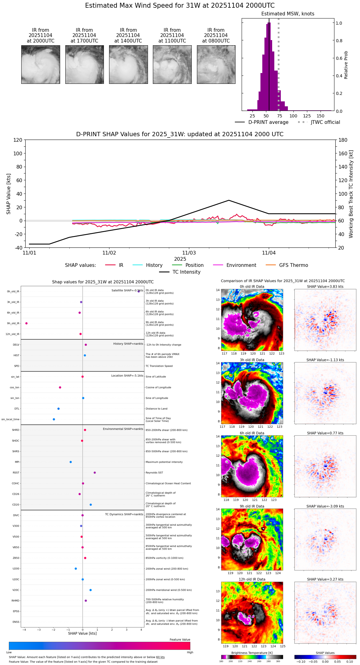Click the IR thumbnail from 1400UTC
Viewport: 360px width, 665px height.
point(128,64)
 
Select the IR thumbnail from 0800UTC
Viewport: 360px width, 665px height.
point(216,64)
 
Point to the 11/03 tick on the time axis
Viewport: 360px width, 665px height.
point(189,253)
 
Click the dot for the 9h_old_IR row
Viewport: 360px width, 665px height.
point(27,323)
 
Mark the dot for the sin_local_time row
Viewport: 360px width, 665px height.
point(54,419)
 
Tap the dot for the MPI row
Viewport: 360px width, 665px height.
point(71,462)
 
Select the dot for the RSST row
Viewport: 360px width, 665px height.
point(95,473)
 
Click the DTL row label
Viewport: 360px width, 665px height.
point(17,409)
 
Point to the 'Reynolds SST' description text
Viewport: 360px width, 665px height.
point(154,473)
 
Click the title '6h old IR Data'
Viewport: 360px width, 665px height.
point(252,433)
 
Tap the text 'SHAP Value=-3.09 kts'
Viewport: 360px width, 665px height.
point(325,506)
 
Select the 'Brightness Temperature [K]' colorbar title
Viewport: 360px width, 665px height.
point(252,653)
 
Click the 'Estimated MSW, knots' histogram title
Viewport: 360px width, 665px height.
point(288,14)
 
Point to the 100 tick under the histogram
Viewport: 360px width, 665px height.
point(293,116)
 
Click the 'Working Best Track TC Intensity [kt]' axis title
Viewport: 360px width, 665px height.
point(351,194)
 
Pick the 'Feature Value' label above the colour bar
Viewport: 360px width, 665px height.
point(180,640)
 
